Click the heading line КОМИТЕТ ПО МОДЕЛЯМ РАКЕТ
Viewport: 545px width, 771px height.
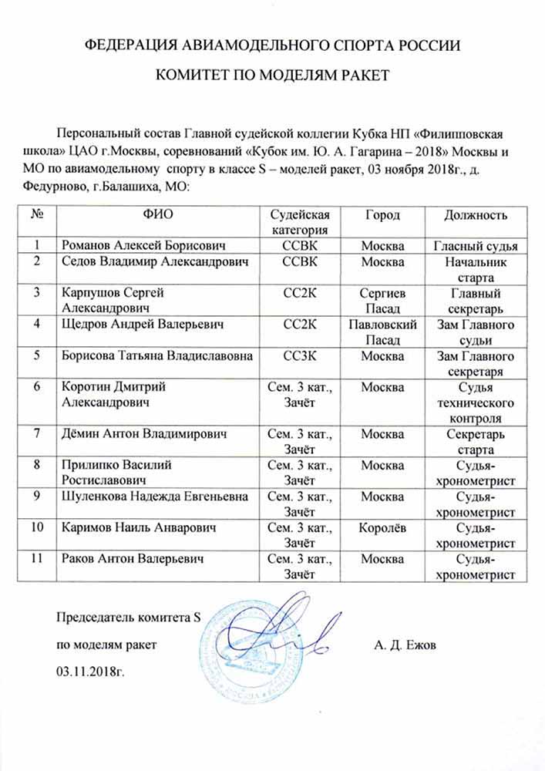(x=272, y=75)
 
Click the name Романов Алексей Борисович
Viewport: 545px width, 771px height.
(x=143, y=246)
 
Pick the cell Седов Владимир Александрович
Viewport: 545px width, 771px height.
(x=155, y=262)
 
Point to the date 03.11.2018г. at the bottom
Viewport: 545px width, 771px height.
(x=90, y=670)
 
